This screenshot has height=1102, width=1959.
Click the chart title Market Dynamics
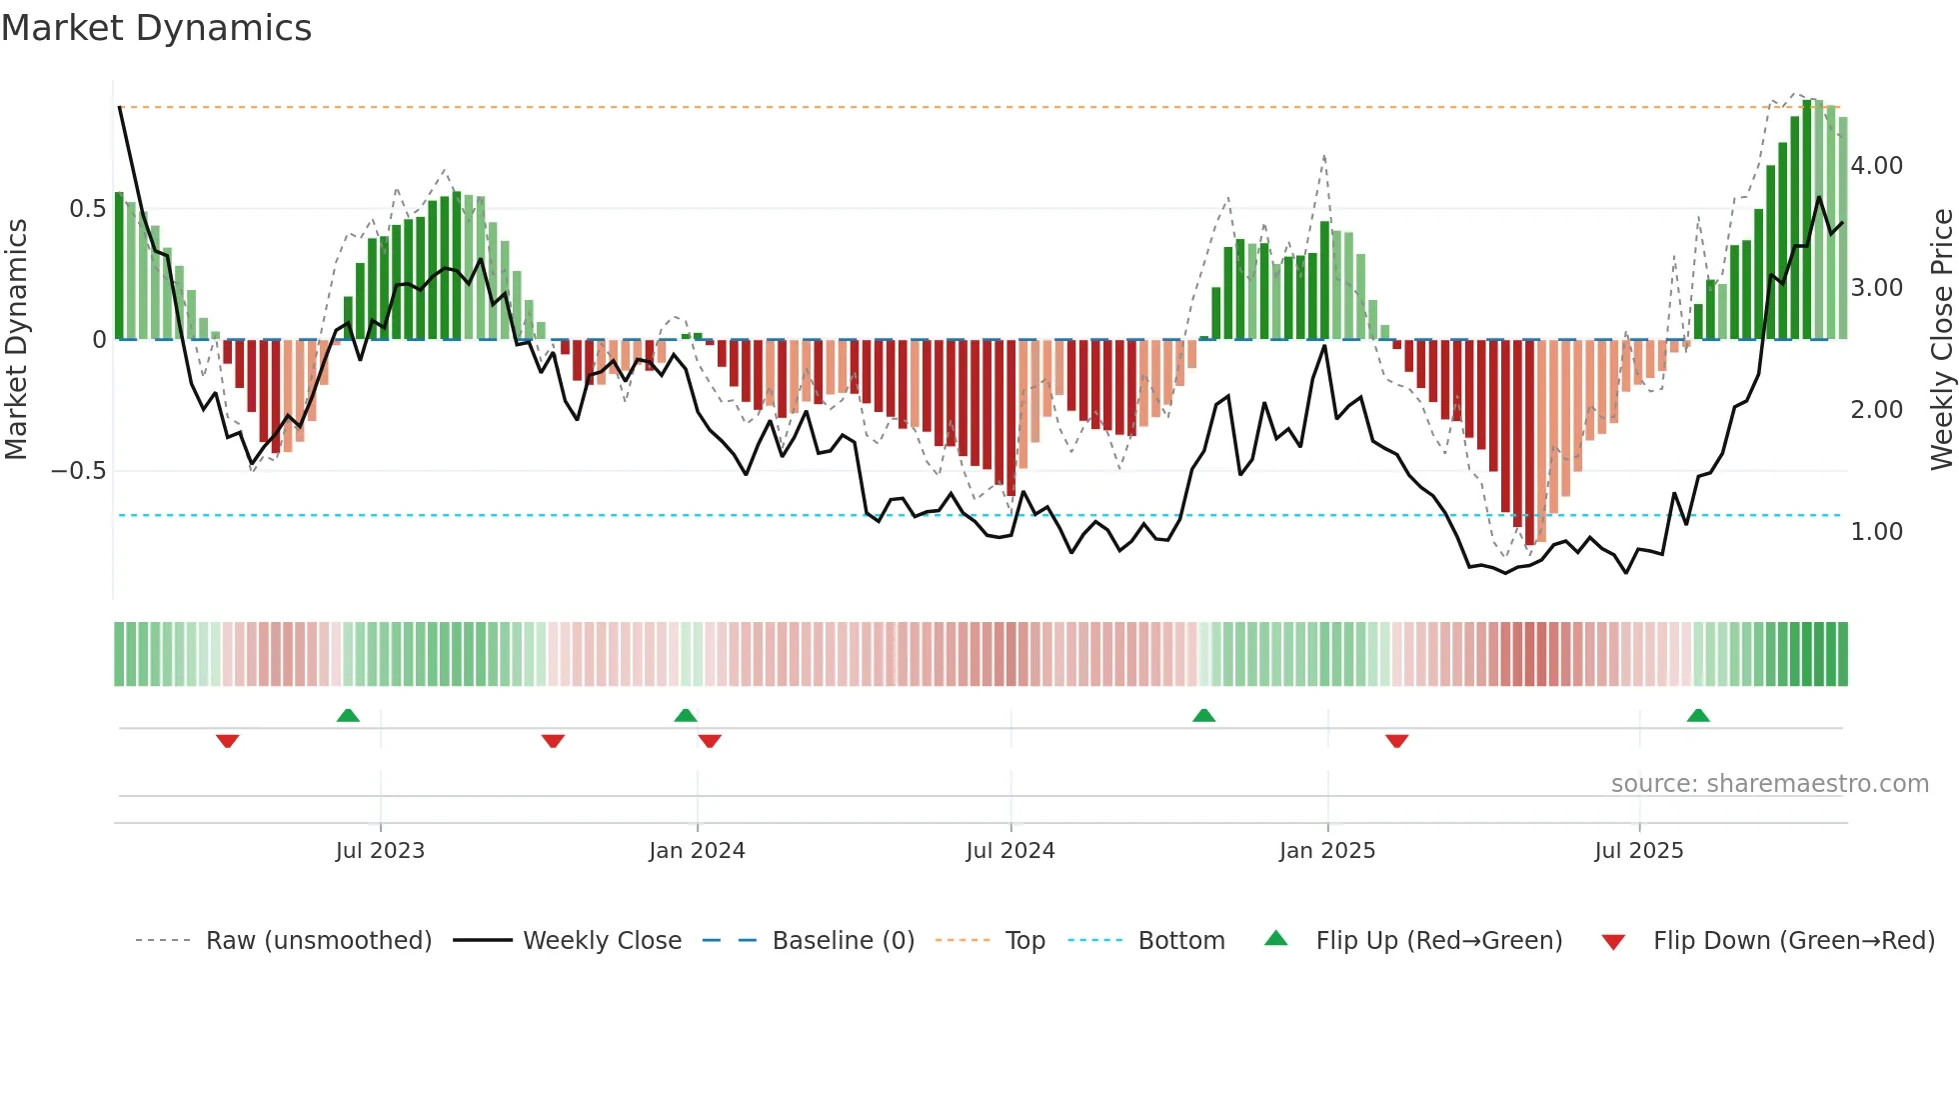[x=156, y=28]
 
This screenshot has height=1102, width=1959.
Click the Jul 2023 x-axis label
[x=380, y=851]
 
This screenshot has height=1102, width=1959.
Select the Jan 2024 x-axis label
[x=697, y=851]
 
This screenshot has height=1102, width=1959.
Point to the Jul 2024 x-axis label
[x=1009, y=851]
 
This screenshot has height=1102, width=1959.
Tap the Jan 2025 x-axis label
[x=1326, y=851]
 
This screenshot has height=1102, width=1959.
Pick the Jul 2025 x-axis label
[x=1638, y=851]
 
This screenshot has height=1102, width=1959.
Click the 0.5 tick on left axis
[x=88, y=209]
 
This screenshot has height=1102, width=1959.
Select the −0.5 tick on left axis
[x=79, y=471]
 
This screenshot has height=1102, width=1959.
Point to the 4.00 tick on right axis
[x=1876, y=166]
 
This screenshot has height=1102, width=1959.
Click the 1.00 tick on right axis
[x=1876, y=532]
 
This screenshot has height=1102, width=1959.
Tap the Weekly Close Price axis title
[x=1941, y=339]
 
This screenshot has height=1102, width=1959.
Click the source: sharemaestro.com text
[x=1769, y=784]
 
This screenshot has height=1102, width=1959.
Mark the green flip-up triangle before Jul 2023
[x=348, y=716]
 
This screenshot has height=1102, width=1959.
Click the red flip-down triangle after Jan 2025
[x=1396, y=741]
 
